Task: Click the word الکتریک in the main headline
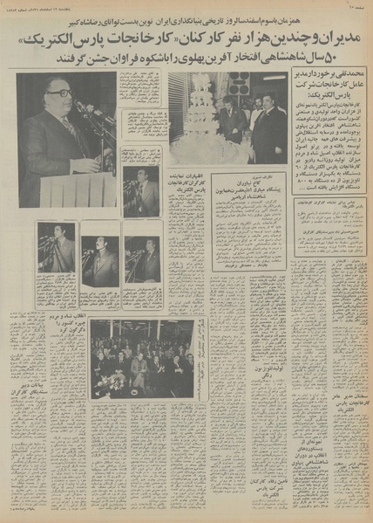(53, 42)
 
